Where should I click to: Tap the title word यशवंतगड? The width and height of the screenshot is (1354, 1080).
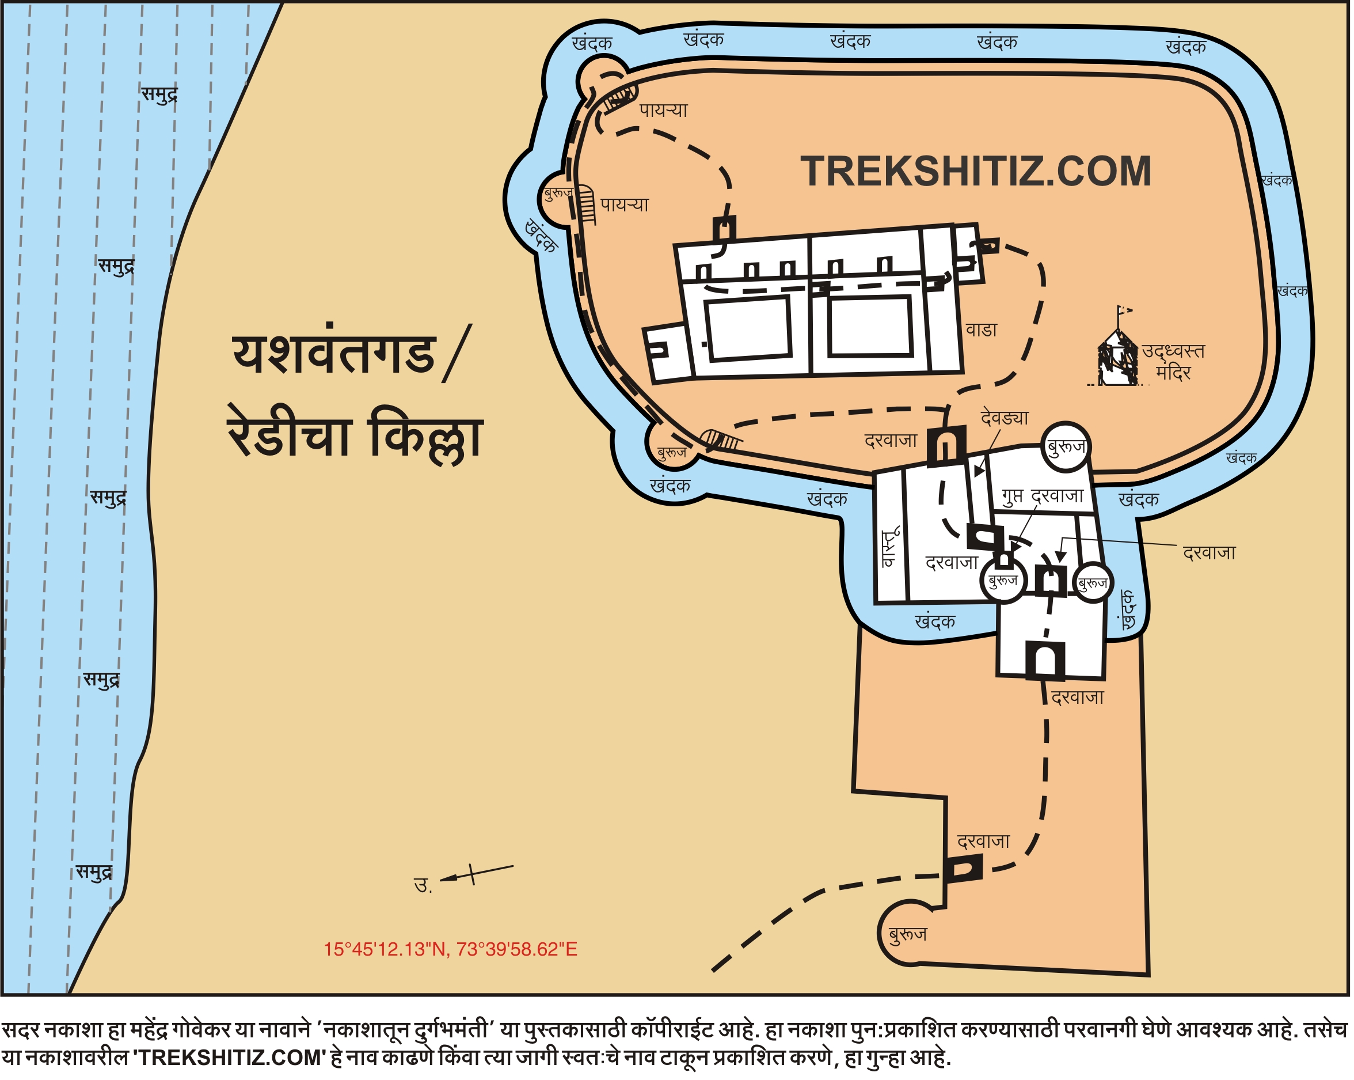(x=334, y=354)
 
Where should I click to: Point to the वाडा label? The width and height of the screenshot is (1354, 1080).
(x=981, y=331)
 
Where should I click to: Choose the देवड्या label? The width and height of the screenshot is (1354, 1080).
(x=1004, y=418)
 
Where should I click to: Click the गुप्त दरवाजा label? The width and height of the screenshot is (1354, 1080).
(x=1043, y=497)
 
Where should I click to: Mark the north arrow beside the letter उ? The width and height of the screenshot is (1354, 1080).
(x=476, y=874)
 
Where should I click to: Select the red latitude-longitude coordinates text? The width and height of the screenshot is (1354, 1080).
(x=450, y=949)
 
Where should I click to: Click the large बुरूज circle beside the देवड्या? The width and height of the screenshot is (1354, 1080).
(x=1065, y=447)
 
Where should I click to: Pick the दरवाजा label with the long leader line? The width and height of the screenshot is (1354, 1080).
(x=1209, y=553)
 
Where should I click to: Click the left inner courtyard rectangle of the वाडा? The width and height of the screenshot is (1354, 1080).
(x=747, y=328)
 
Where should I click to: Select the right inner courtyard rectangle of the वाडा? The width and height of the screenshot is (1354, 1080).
(x=870, y=325)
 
